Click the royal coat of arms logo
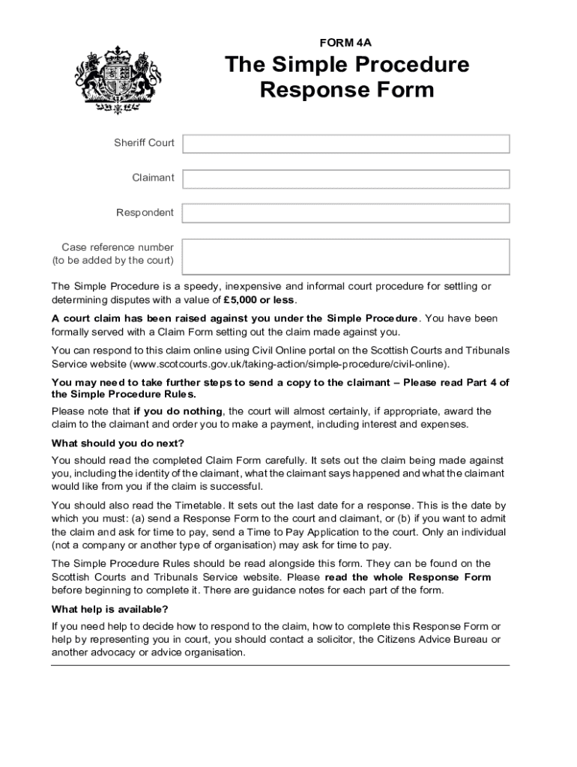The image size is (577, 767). point(118,79)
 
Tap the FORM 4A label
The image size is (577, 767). point(345,43)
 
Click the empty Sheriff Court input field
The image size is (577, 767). point(345,144)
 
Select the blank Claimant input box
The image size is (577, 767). point(345,179)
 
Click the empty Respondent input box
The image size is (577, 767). point(345,213)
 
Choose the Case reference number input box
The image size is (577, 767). point(345,256)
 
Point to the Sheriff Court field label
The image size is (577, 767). point(144,143)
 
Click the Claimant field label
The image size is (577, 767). point(153,178)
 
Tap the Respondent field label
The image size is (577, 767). point(145,213)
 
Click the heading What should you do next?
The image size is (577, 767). point(118,443)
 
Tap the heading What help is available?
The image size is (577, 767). point(110,609)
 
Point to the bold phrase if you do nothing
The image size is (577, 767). point(178,411)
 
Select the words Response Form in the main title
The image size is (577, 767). point(346,91)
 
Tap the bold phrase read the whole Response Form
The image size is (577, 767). point(408,577)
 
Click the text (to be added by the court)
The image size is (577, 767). point(112,261)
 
